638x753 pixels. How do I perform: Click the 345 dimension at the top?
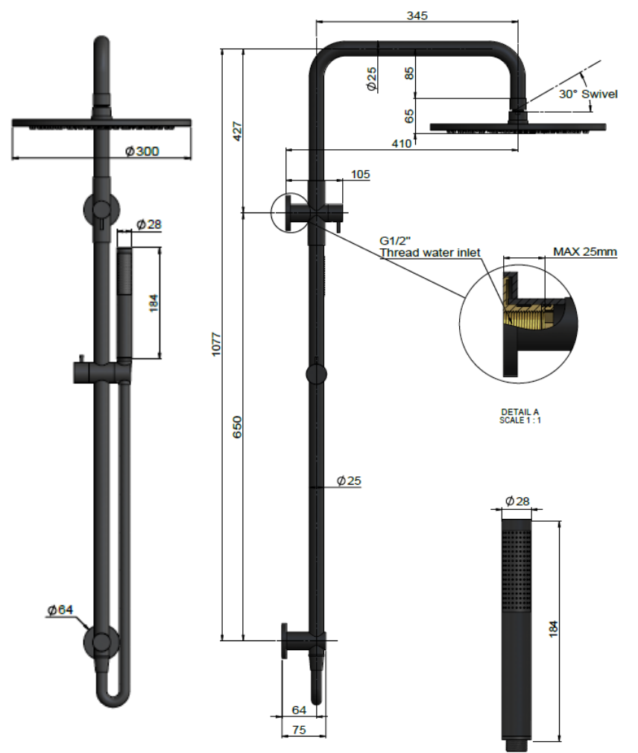tap(417, 14)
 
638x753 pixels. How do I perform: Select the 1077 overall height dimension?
tap(216, 344)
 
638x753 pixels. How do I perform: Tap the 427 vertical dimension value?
tap(238, 132)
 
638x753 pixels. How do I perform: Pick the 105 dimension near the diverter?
tap(360, 174)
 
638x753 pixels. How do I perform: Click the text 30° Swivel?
tap(588, 95)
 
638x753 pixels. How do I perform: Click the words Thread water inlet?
tap(430, 253)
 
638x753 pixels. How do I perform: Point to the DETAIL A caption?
tap(519, 412)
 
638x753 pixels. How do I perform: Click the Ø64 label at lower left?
tap(60, 610)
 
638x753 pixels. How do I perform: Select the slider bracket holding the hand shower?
tap(101, 370)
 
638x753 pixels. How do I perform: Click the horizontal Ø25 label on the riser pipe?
tap(349, 481)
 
